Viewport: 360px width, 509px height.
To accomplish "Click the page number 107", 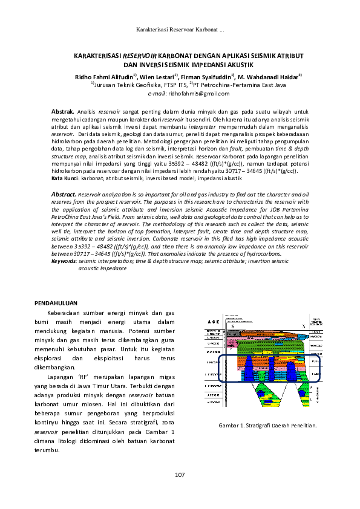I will pos(180,474).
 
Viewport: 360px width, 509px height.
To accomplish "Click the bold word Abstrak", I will pos(62,112).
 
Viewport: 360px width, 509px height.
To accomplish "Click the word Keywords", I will pos(64,260).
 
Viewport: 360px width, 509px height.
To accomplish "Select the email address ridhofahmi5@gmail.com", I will pos(197,94).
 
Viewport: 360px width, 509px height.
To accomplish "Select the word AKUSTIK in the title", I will pos(237,64).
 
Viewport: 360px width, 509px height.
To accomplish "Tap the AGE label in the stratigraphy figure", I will pos(212,322).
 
